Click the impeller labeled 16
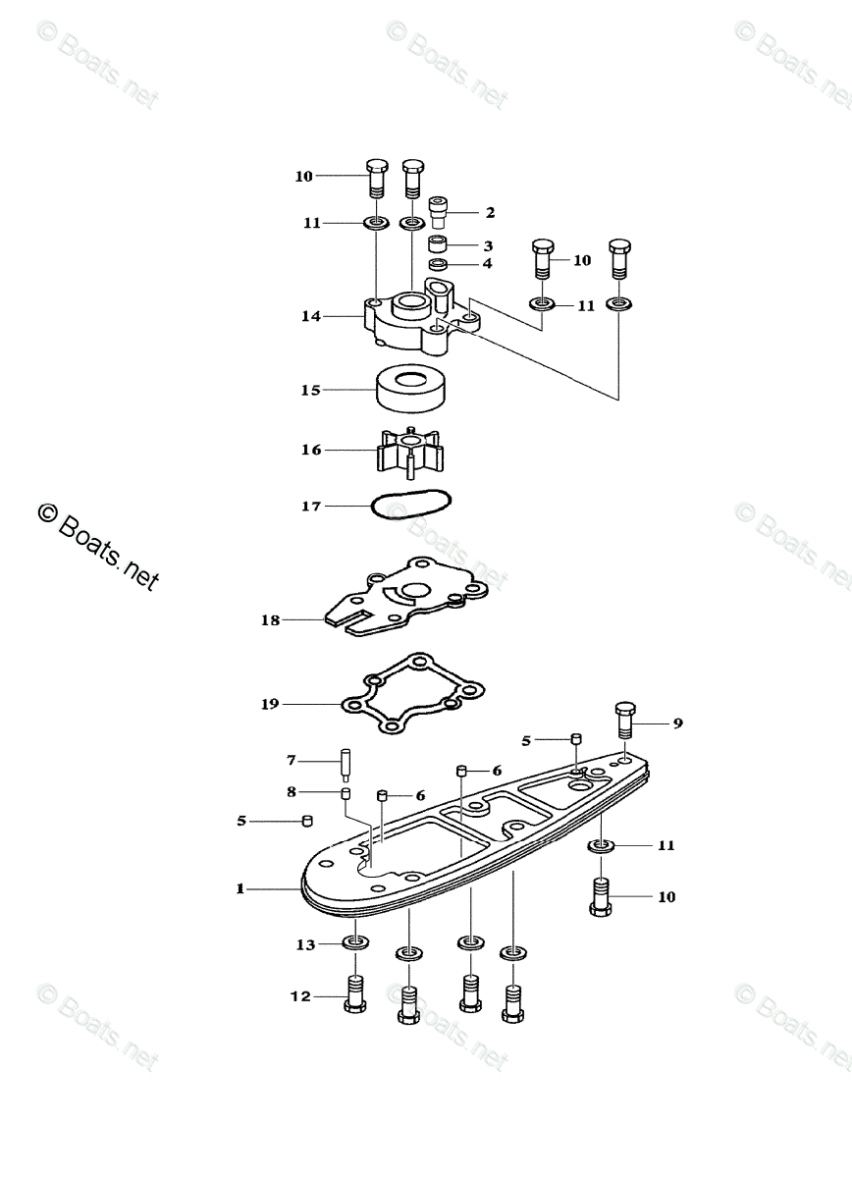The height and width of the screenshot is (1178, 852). coord(410,453)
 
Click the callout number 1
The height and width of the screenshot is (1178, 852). coord(239,889)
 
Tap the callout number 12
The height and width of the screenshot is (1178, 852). coord(299,996)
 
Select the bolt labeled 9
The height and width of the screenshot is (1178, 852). coord(625,724)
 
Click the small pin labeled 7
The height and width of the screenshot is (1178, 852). coord(346,763)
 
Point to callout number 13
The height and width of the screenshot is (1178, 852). coord(306,944)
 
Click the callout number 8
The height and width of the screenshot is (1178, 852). coord(291,791)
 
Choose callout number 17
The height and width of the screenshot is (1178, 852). coord(310,507)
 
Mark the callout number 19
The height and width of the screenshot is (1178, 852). coord(270,703)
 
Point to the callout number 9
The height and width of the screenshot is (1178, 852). coord(677,723)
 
